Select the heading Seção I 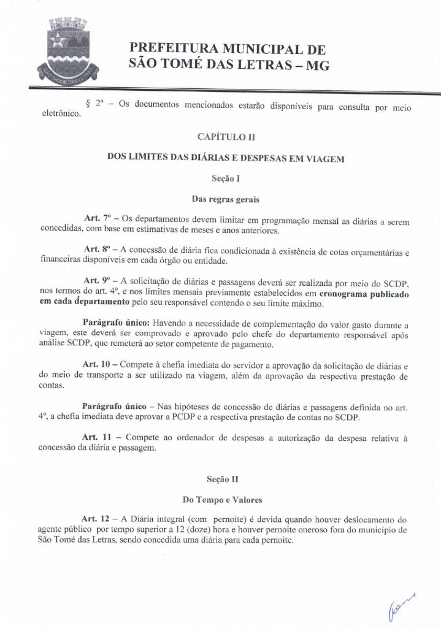coord(220,178)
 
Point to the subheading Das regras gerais coord(220,198)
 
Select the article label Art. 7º coord(95,220)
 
